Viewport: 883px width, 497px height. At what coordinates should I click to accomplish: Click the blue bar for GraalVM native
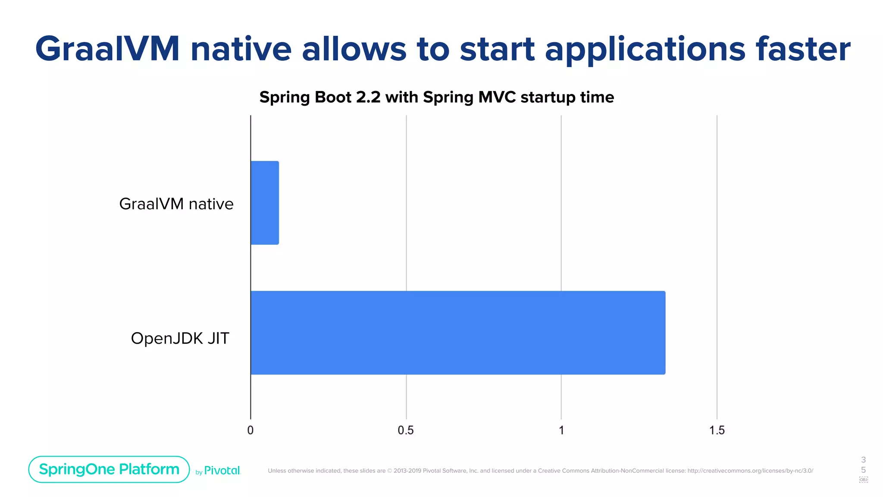coord(265,203)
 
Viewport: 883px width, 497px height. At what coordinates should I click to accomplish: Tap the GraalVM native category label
coord(176,204)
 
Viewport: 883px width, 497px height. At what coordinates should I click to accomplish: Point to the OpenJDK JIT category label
coord(180,338)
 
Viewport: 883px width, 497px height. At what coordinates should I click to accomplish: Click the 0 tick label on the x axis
coord(250,430)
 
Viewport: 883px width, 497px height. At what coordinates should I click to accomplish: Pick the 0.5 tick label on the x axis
coord(406,430)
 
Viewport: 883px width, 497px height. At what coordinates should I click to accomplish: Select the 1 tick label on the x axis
coord(561,430)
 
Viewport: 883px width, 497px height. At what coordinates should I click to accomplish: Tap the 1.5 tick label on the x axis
coord(717,430)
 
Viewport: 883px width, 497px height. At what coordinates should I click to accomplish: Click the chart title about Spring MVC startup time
coord(436,97)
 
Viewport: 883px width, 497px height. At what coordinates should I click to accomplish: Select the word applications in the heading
coord(645,49)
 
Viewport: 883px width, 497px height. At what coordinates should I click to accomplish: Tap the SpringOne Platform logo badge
coord(109,469)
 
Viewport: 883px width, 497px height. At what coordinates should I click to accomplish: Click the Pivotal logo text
coord(222,471)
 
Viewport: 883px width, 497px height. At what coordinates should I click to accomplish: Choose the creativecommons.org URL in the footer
coord(750,471)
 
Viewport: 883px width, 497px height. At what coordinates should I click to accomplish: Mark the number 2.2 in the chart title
coord(369,97)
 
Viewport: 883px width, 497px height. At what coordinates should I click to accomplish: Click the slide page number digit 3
coord(863,460)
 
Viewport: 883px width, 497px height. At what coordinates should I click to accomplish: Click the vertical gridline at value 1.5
coord(717,259)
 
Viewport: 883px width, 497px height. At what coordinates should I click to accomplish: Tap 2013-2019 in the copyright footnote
coord(407,471)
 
